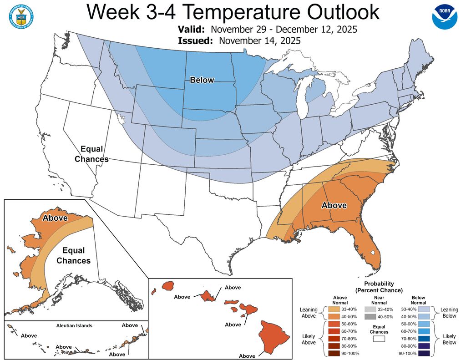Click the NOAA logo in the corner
tap(444, 17)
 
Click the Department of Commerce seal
tap(20, 18)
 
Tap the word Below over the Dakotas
tap(202, 80)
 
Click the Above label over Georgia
tap(334, 205)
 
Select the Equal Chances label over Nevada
tap(91, 154)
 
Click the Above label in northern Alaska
tap(55, 218)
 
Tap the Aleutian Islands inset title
tap(74, 325)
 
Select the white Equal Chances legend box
tap(379, 338)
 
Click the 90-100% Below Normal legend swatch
tap(425, 353)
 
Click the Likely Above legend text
tap(309, 339)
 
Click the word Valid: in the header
tap(192, 30)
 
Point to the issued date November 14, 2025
tap(259, 41)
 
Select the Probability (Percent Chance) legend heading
tap(379, 287)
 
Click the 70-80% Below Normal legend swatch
tap(425, 339)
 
